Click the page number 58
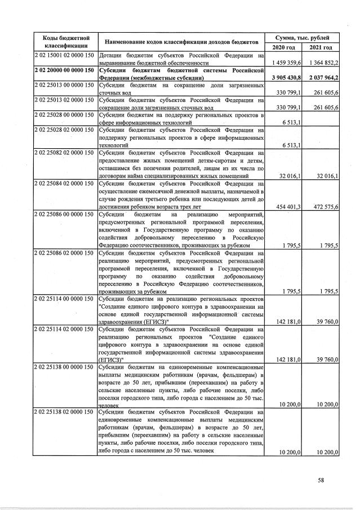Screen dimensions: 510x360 click(x=321, y=480)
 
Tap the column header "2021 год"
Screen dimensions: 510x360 click(x=323, y=47)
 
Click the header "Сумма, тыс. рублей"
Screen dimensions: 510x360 click(x=305, y=36)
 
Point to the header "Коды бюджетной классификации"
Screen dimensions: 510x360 click(x=65, y=41)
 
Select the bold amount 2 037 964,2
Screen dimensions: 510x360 click(x=323, y=77)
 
